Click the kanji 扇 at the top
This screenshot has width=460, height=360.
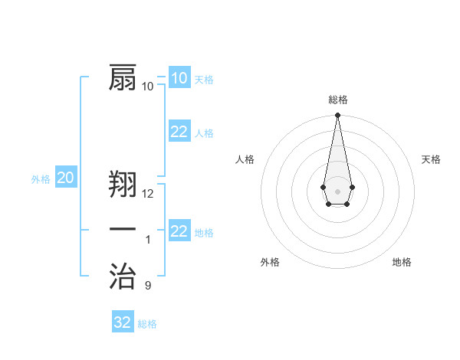(124, 77)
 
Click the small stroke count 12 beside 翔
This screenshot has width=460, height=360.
(148, 194)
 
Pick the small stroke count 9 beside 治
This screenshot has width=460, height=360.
(148, 286)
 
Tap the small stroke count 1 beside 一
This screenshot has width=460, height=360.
(148, 240)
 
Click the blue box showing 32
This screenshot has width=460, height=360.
(123, 322)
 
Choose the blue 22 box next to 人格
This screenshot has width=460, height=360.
(179, 132)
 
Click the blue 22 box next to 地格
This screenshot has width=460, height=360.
(179, 231)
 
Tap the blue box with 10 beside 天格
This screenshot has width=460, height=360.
(179, 77)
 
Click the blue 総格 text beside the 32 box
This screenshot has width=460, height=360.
(147, 324)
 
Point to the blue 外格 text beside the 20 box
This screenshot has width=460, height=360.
(41, 179)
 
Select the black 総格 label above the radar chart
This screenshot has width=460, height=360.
(338, 100)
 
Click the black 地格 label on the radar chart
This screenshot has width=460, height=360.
(402, 262)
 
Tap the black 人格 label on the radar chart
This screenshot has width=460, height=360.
(245, 159)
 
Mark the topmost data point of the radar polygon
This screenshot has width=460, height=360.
(337, 116)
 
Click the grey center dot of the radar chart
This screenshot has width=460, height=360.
(337, 190)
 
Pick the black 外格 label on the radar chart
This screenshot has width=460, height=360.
(270, 262)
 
